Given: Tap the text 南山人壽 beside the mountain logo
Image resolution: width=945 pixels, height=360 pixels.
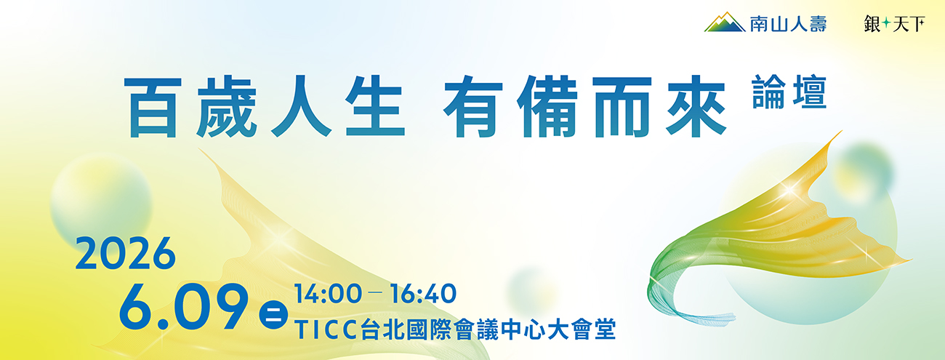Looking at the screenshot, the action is point(788,23).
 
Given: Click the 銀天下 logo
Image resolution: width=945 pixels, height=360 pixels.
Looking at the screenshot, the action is point(894,23).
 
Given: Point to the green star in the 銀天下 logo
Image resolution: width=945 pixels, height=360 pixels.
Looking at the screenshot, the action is point(886,23).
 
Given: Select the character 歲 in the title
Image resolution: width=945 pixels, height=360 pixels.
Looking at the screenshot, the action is point(227,107).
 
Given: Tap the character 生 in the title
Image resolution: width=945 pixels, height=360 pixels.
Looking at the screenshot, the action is point(376,106).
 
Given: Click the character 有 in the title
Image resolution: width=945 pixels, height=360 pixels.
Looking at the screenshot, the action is point(474,106).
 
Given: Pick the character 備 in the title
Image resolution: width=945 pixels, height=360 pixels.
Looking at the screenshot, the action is point(547,106).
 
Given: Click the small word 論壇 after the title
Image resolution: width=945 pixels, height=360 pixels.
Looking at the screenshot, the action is point(789,92).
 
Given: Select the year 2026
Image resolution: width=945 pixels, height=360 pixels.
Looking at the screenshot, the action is point(125,253).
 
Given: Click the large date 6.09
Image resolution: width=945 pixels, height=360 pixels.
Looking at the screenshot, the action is point(183,307).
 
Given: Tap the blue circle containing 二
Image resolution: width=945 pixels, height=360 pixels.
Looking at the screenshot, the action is point(273,315).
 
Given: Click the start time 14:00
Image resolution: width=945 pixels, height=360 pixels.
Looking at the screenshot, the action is point(329,294).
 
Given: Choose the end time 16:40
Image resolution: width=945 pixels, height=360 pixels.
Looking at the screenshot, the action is point(423,294).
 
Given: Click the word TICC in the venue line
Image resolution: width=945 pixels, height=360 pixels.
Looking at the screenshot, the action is point(327,330).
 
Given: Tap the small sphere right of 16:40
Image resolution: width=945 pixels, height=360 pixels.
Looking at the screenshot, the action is point(532,290).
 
